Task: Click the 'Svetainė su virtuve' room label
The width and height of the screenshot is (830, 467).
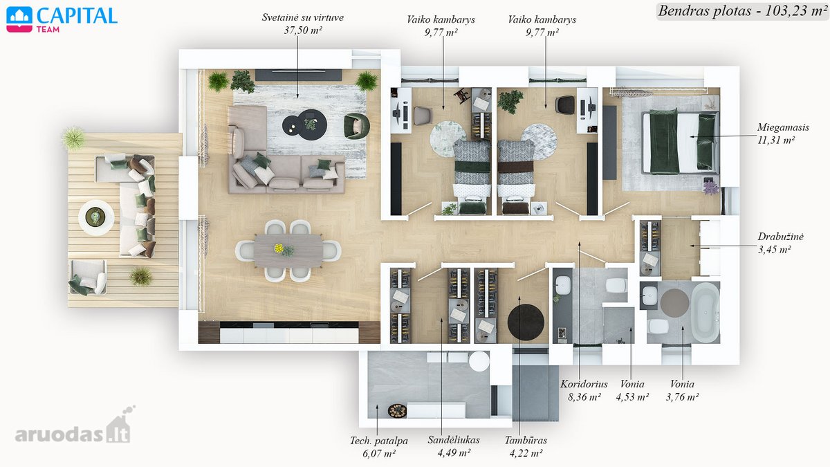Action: coord(303,17)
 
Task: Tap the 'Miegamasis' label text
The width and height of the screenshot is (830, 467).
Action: coord(783,127)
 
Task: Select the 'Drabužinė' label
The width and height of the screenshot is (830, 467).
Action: coord(780,237)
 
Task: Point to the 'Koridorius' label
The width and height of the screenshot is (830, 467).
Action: coord(584,384)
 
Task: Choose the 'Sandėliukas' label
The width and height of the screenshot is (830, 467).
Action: coord(454,440)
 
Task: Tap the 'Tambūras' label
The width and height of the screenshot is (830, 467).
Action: coord(526,440)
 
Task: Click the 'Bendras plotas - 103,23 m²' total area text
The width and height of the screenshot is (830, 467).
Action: coord(743,11)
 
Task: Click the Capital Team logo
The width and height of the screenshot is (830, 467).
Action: coord(62,20)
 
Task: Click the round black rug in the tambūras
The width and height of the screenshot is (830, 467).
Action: coord(526,322)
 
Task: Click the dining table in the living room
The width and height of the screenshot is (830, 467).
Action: coord(288,251)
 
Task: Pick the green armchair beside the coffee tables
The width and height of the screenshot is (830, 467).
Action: coord(356,126)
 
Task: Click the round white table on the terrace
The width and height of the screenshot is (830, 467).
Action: coord(96,217)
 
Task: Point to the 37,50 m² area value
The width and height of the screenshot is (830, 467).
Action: coord(303,30)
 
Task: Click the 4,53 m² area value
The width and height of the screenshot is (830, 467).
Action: coord(632,397)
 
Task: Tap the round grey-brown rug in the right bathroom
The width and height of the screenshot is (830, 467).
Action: coord(674,303)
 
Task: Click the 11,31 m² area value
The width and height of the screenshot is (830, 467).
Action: coord(776,140)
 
